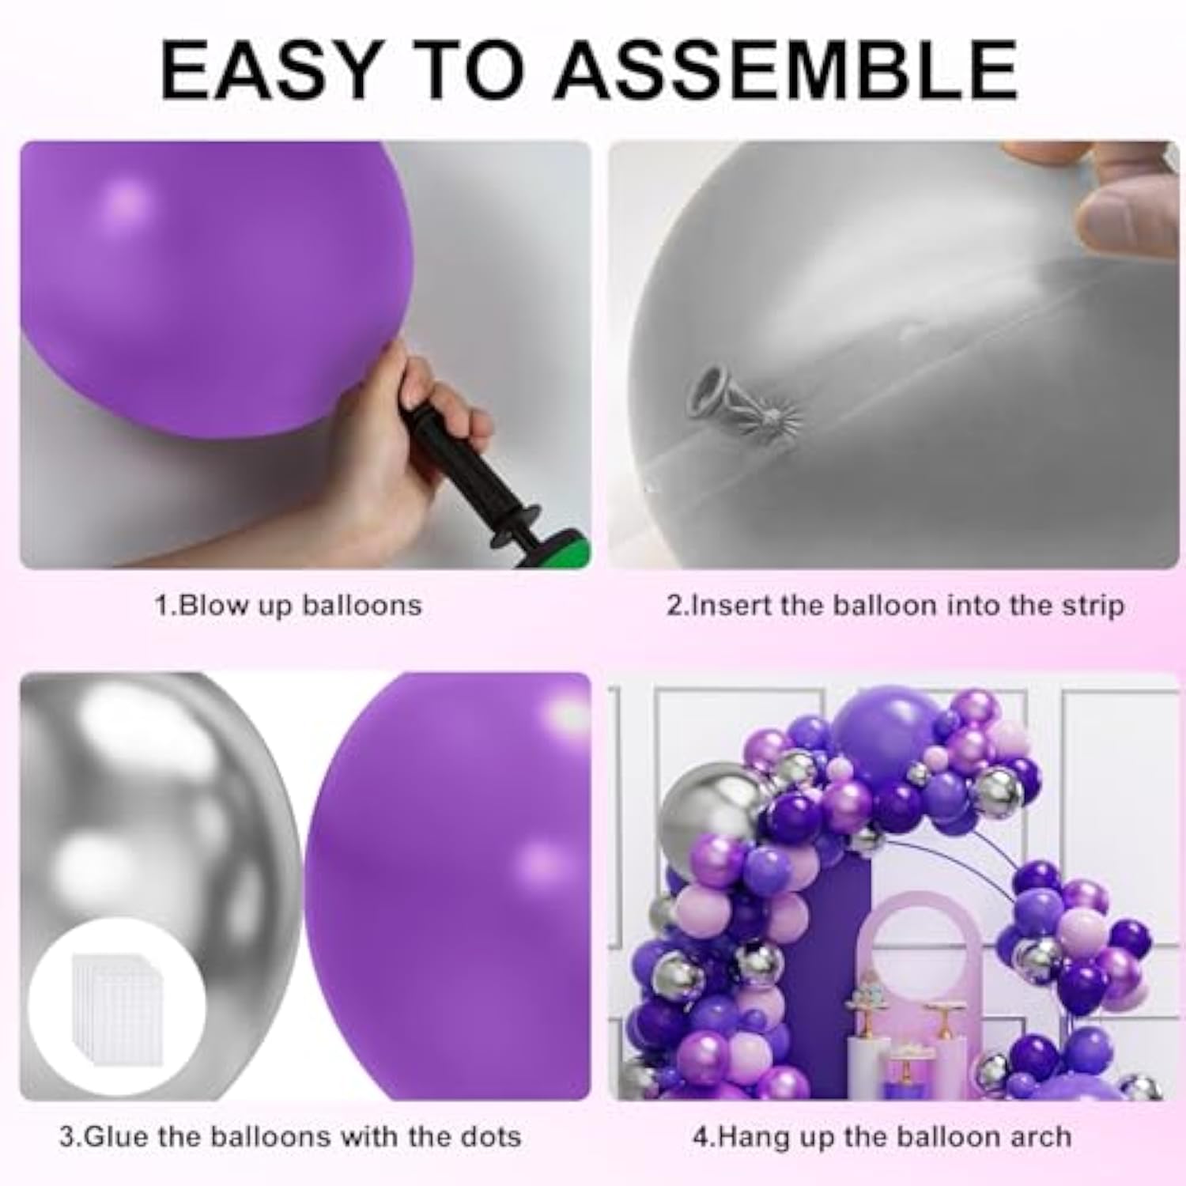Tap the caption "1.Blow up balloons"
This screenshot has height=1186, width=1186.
click(x=288, y=606)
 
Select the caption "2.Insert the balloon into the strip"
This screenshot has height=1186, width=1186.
click(x=894, y=606)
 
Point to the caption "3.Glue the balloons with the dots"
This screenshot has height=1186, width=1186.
click(x=290, y=1137)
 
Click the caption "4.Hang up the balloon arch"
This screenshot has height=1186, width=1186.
click(x=882, y=1137)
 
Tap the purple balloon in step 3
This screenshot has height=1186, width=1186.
click(x=459, y=886)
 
